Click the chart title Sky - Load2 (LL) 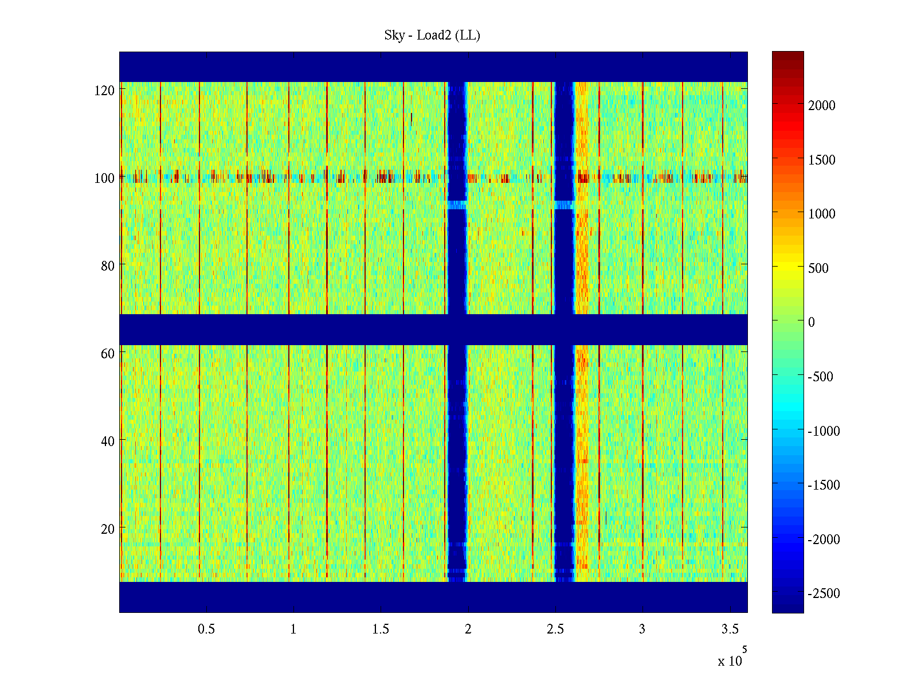432,36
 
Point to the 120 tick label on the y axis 104,91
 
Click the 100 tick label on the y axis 104,178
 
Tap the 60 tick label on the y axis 108,354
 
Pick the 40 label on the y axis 108,441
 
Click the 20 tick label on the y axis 108,529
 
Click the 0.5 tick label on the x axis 206,630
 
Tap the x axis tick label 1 293,630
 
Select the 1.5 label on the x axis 381,630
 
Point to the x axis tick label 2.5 555,630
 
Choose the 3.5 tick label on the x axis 730,630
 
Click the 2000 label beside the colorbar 822,105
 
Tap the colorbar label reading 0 812,322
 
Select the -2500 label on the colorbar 824,593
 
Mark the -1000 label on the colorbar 824,431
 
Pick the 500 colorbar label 818,268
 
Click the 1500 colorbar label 822,160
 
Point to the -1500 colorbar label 824,485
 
